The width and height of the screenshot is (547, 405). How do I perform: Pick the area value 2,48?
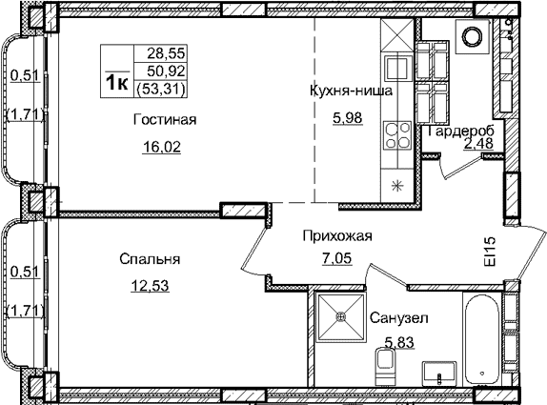(x=478, y=144)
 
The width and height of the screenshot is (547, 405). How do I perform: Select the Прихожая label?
(x=335, y=236)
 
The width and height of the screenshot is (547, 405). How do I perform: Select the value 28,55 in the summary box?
(x=164, y=55)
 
